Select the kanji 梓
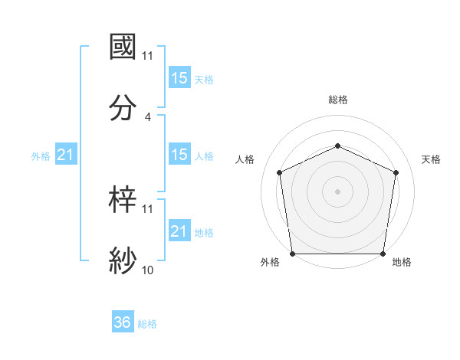pos(123,199)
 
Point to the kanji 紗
pos(123,260)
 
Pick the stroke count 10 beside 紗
pos(147,270)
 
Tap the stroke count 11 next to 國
pos(147,55)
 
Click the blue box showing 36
pos(123,322)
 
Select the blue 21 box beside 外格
pos(66,155)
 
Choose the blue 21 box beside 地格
pos(179,231)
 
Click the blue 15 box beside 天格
pos(179,78)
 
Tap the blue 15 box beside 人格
pos(179,155)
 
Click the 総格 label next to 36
pos(147,324)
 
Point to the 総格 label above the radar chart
pos(337,100)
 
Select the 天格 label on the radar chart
pos(431,159)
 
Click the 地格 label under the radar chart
pos(402,263)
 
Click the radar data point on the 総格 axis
pos(337,145)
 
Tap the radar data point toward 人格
pos(279,172)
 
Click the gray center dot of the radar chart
pos(337,191)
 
